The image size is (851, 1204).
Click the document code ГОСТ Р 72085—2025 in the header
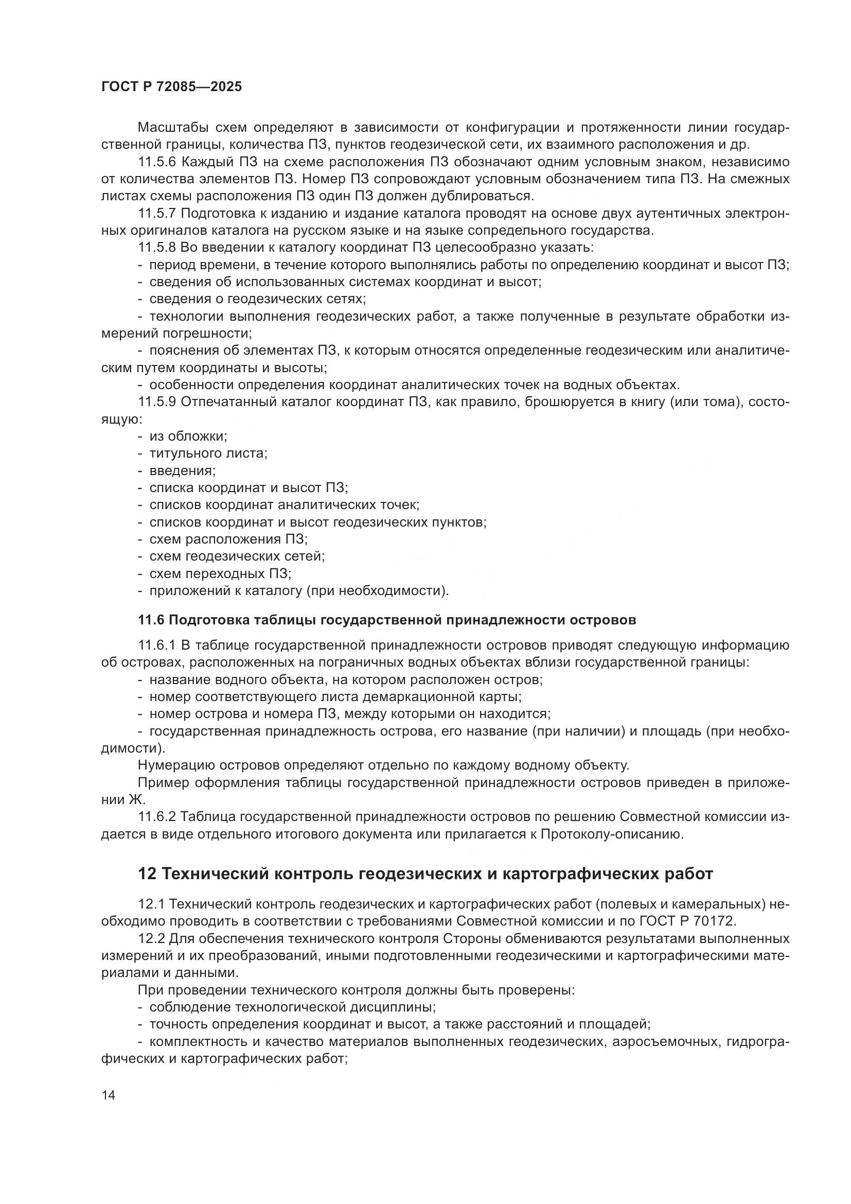(x=171, y=87)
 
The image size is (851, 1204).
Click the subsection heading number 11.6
(x=151, y=620)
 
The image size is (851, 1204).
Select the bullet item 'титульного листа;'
(x=208, y=453)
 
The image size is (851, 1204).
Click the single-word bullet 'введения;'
(x=182, y=470)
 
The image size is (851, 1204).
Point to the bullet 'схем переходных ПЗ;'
(x=220, y=573)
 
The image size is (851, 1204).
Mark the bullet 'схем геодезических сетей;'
(x=237, y=556)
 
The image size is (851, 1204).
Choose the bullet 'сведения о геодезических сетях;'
(x=257, y=299)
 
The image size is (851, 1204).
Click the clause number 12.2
(x=152, y=938)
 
